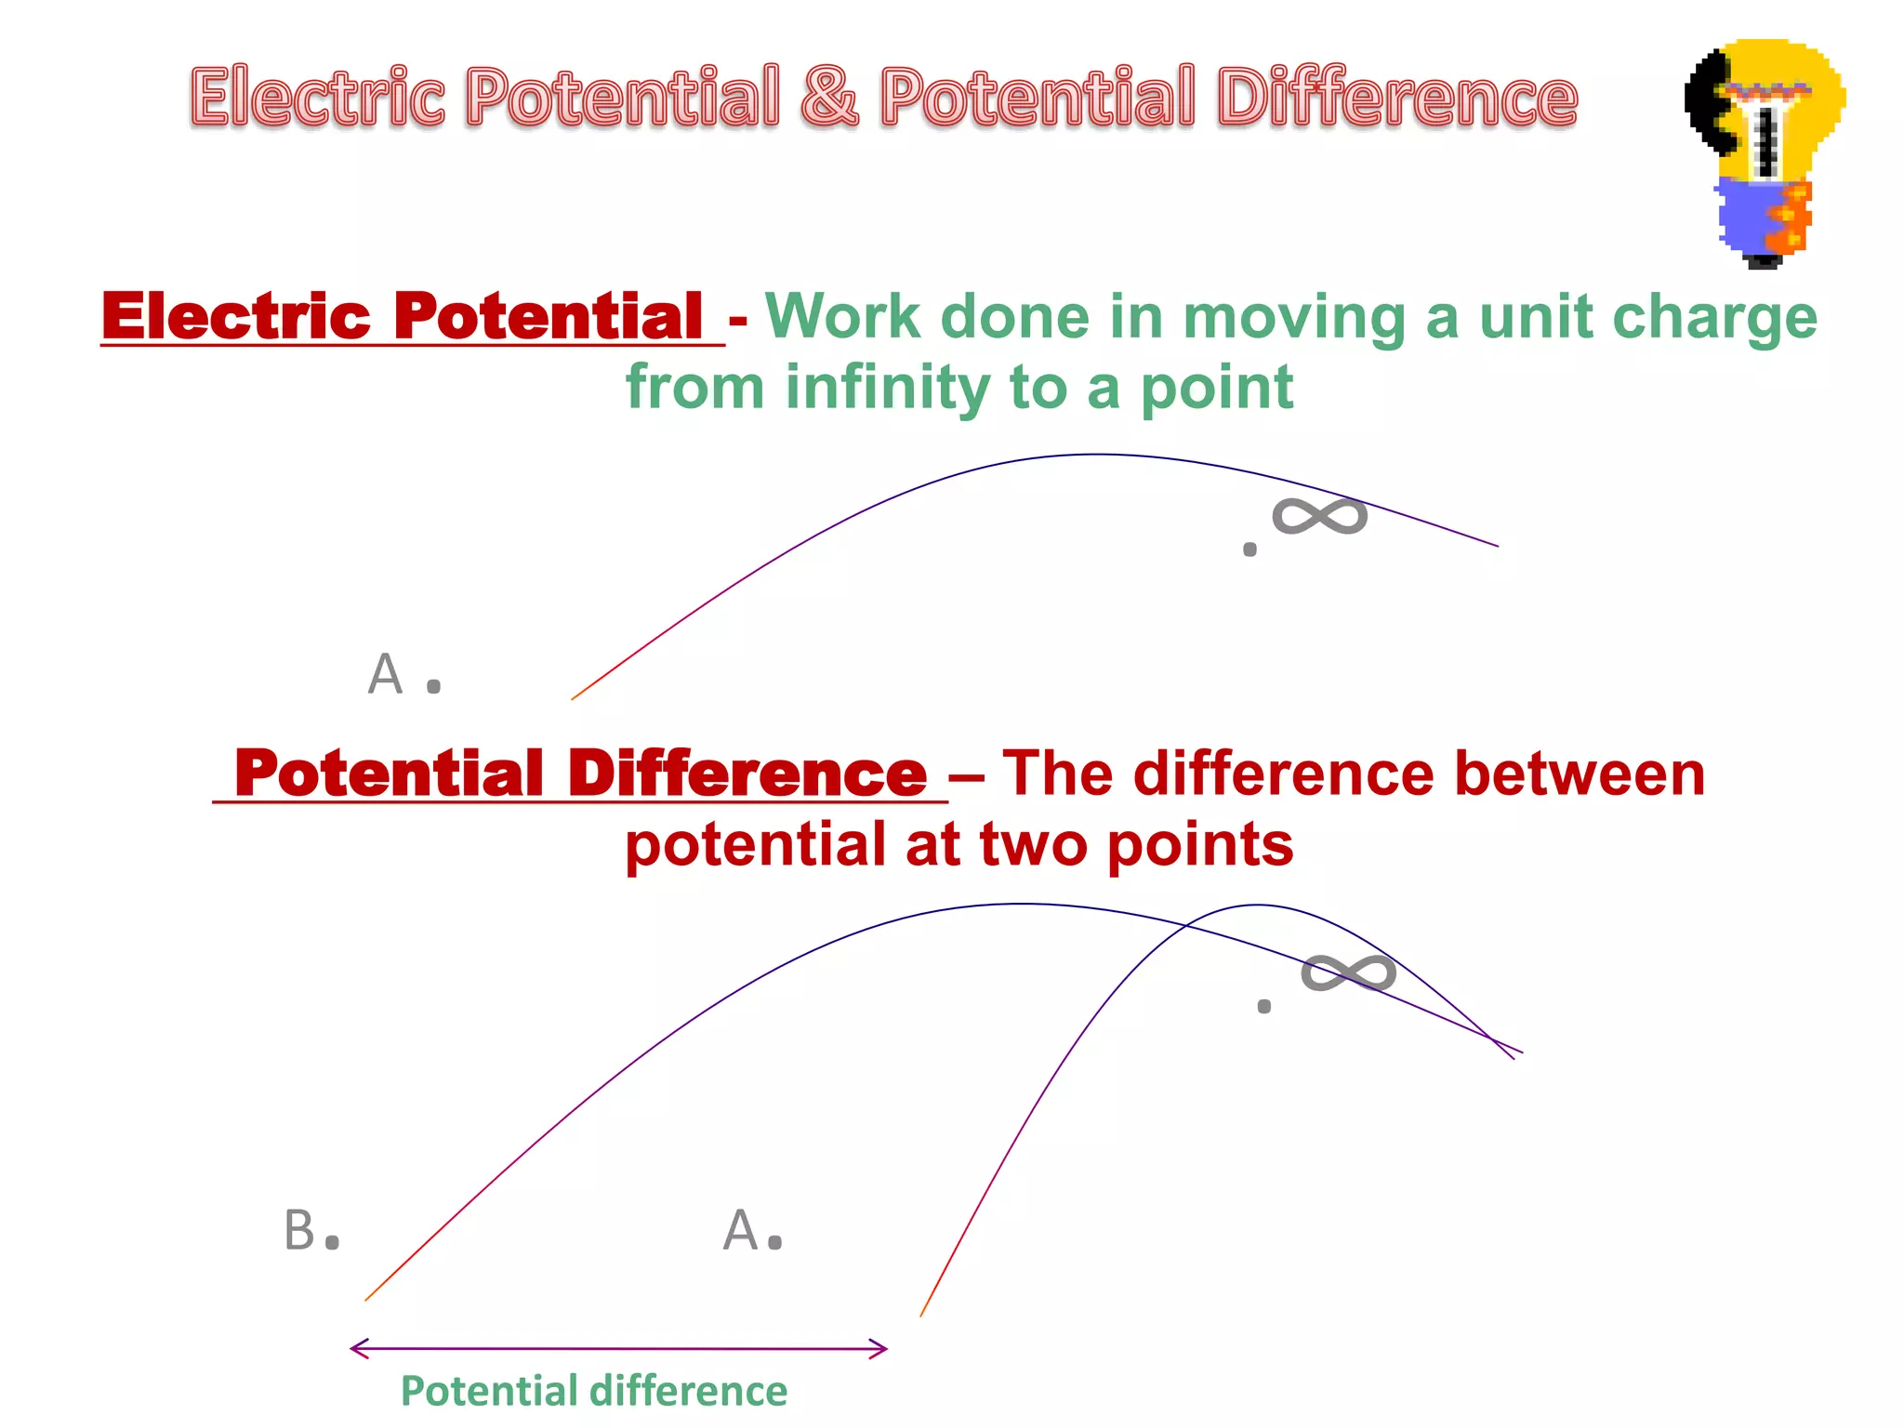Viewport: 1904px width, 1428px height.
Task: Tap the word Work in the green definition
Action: (841, 317)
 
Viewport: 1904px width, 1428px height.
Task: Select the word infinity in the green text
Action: (887, 388)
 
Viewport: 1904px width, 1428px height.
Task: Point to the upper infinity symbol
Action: (1319, 517)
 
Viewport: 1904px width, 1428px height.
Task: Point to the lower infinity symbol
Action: (1348, 973)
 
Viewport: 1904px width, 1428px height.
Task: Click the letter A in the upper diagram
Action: (385, 674)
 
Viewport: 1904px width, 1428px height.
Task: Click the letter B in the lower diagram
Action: (299, 1230)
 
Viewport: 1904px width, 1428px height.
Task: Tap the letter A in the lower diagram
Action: (741, 1230)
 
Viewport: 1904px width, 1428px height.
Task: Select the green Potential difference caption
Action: (593, 1392)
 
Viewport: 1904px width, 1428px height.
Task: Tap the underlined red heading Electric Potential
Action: (402, 317)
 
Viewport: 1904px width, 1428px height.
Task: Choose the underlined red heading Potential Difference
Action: (580, 773)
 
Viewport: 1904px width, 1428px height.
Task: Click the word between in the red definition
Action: (1579, 773)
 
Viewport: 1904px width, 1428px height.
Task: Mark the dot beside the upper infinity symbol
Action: (1249, 549)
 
